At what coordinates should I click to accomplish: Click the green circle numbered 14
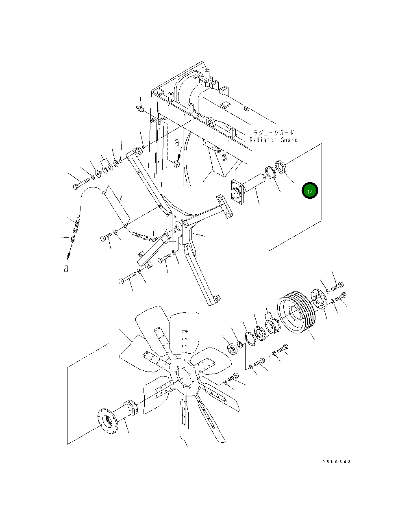(x=310, y=191)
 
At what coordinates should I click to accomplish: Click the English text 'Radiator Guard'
(x=273, y=140)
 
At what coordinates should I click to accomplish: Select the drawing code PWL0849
(x=337, y=462)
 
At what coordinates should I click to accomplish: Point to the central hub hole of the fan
(x=185, y=377)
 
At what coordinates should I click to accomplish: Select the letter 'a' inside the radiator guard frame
(x=176, y=143)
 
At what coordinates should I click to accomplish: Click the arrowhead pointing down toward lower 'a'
(x=68, y=255)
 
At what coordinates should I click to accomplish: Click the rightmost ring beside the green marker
(x=279, y=167)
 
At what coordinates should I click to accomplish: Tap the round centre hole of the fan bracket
(x=178, y=226)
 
